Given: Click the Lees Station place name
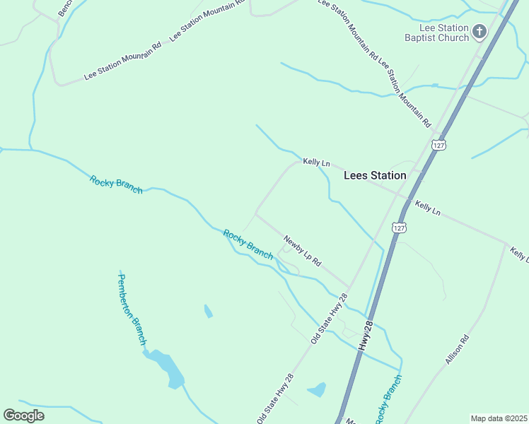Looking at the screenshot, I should [x=374, y=175].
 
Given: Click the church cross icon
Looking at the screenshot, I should [x=479, y=31].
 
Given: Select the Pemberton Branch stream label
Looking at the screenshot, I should [x=132, y=308].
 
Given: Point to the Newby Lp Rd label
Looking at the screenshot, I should [x=303, y=251].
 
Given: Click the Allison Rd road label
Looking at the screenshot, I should [x=458, y=349].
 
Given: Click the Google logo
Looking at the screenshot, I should [x=23, y=415].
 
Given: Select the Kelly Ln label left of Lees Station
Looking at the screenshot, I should [x=316, y=163].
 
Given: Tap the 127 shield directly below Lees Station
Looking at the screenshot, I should [x=400, y=228].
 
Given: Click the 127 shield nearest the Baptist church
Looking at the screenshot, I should [x=438, y=144].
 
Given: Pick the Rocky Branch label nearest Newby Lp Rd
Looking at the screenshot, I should [x=248, y=244].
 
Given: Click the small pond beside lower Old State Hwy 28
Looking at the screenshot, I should [x=318, y=389].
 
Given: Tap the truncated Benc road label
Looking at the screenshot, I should [x=65, y=7].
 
